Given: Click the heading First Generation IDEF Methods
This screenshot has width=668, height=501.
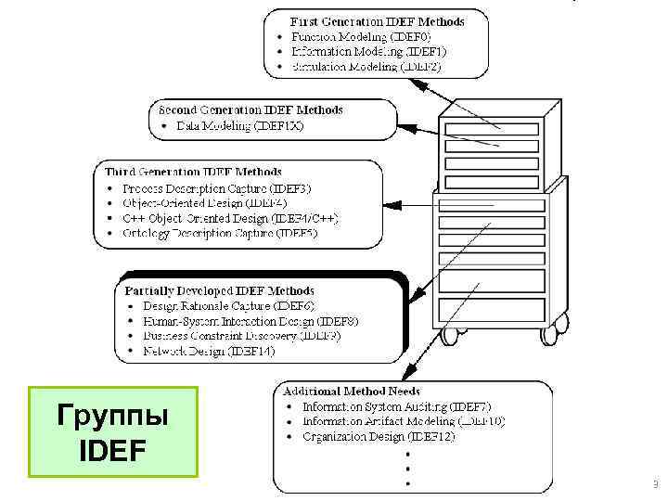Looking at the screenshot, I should (x=377, y=20).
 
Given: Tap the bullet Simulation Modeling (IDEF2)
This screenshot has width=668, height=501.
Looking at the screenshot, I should (x=366, y=66).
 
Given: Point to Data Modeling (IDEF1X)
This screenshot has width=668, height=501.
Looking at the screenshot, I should (x=238, y=125).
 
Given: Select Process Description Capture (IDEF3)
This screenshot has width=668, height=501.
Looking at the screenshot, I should (x=219, y=188).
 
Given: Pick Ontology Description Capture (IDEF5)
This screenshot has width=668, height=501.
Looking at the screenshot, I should (x=220, y=233).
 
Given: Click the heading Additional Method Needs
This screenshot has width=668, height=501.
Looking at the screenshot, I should (x=353, y=391).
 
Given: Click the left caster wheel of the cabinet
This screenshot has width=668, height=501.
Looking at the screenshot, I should (x=453, y=331).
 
